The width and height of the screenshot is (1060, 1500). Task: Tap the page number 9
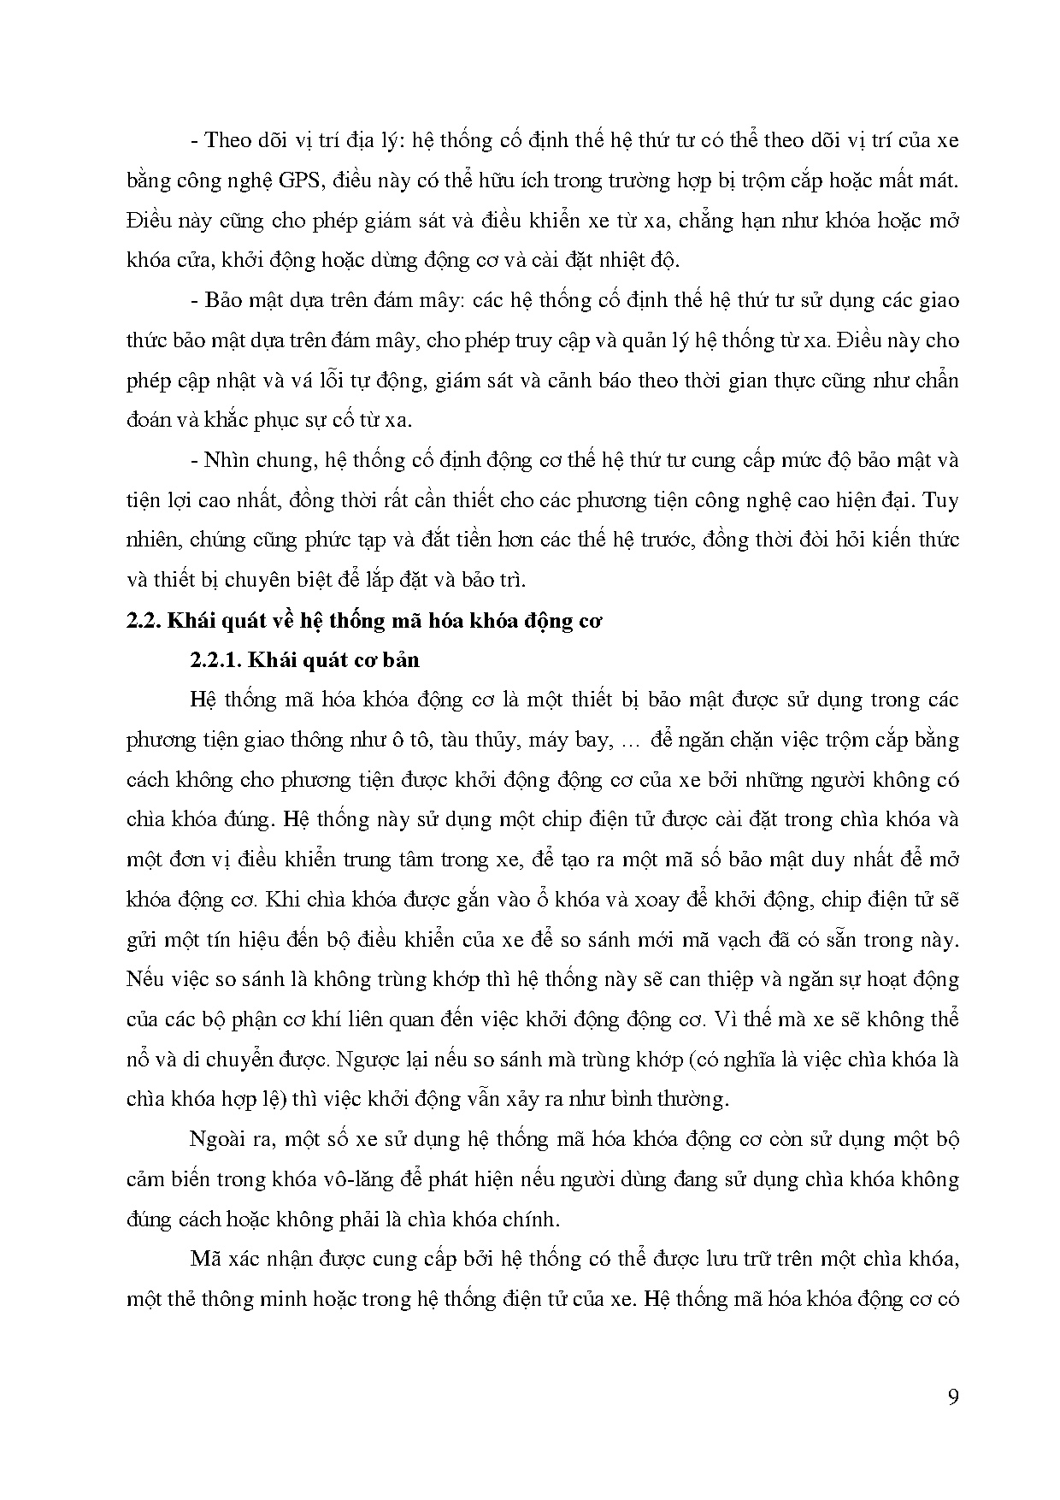click(953, 1397)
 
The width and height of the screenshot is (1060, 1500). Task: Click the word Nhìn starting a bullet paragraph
click(225, 460)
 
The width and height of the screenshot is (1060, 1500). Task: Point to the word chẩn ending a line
click(939, 381)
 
